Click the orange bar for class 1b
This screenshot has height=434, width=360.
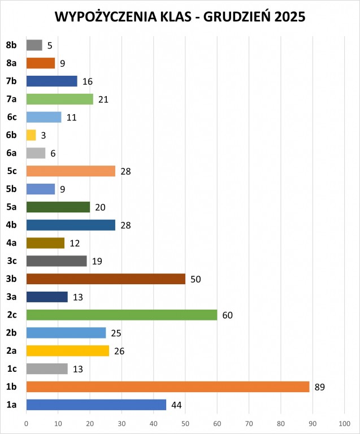tap(168, 387)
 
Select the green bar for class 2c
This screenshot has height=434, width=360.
tap(122, 315)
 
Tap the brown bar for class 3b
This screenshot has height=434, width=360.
tap(106, 279)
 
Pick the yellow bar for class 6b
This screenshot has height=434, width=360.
tap(31, 135)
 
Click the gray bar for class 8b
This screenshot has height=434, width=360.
tap(34, 45)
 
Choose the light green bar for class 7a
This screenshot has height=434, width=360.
tap(59, 99)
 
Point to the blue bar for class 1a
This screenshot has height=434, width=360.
tap(96, 405)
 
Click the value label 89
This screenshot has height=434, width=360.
tap(320, 387)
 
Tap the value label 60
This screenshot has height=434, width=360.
tap(228, 315)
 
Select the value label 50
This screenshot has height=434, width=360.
tap(196, 279)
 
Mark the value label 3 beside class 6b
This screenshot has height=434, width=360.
tap(43, 136)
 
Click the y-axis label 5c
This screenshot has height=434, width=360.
tap(11, 171)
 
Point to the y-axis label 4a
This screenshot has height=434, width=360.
tap(11, 243)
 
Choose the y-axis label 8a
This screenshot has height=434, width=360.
tap(11, 63)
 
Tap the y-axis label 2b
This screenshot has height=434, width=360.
tap(11, 333)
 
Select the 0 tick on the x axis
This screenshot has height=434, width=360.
tap(27, 423)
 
